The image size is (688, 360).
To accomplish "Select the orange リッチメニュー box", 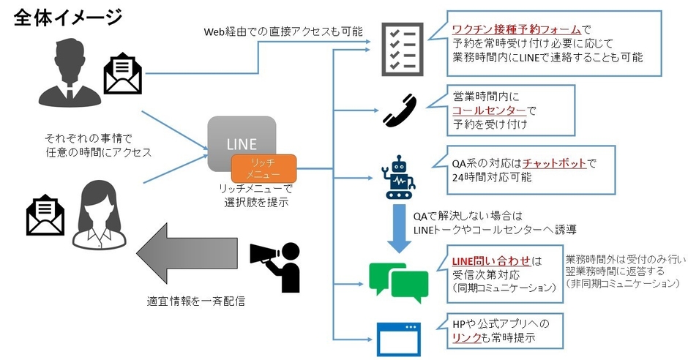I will (263, 168).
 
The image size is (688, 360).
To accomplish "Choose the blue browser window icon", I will (400, 339).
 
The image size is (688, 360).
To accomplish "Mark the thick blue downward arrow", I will (400, 228).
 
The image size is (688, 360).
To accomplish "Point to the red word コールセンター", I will (489, 110).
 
